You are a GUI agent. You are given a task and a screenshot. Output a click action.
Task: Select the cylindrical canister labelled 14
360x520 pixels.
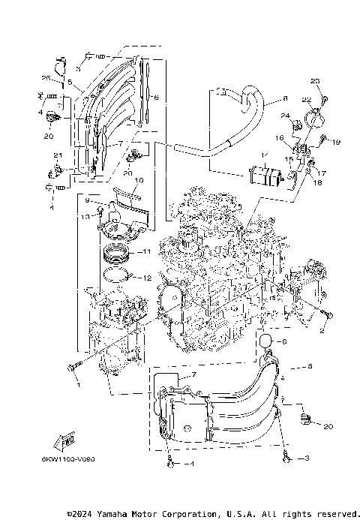coord(264,178)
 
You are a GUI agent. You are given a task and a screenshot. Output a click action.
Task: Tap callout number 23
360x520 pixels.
coord(315,81)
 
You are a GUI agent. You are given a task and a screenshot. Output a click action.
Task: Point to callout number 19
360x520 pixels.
coord(337,140)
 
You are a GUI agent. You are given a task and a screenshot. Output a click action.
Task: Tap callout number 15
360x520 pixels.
coord(287,160)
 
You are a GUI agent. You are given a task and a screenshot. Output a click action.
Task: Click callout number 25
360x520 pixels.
coord(45,78)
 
